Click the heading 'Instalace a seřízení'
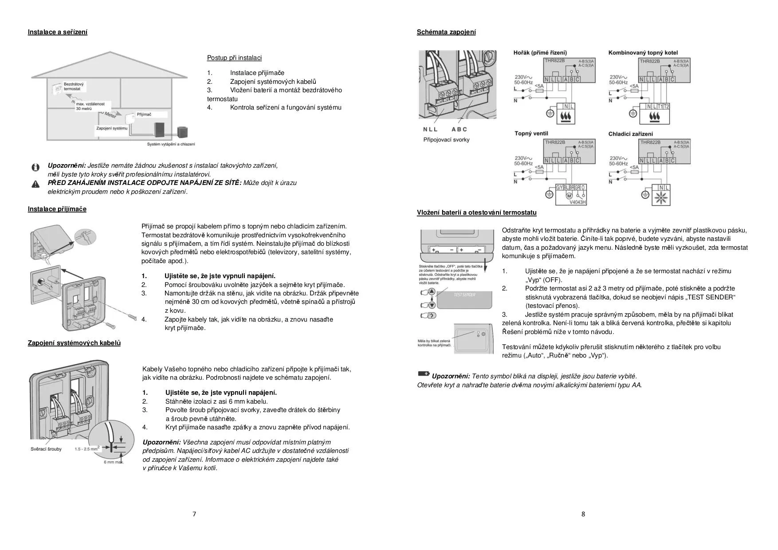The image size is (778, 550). pyautogui.click(x=58, y=32)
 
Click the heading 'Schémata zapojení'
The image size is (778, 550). pyautogui.click(x=446, y=32)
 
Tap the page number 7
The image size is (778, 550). pyautogui.click(x=194, y=514)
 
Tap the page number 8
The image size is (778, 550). pyautogui.click(x=583, y=514)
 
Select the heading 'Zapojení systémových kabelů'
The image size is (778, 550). pyautogui.click(x=74, y=343)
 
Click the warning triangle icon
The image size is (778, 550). pyautogui.click(x=35, y=184)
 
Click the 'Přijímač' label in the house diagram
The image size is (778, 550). pyautogui.click(x=144, y=114)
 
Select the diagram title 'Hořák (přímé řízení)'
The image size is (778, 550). pyautogui.click(x=540, y=53)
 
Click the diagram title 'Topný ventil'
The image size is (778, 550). pyautogui.click(x=531, y=134)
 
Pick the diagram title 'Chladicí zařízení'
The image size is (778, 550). pyautogui.click(x=630, y=134)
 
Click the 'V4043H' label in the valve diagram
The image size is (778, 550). pyautogui.click(x=578, y=202)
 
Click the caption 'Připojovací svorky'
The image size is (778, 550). pyautogui.click(x=446, y=140)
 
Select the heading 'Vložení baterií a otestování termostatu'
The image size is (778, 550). pyautogui.click(x=476, y=212)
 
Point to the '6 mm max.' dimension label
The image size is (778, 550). pyautogui.click(x=114, y=462)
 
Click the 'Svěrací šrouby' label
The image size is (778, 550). pyautogui.click(x=46, y=449)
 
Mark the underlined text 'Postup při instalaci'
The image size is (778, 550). pyautogui.click(x=234, y=58)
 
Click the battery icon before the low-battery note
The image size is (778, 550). pyautogui.click(x=424, y=374)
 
